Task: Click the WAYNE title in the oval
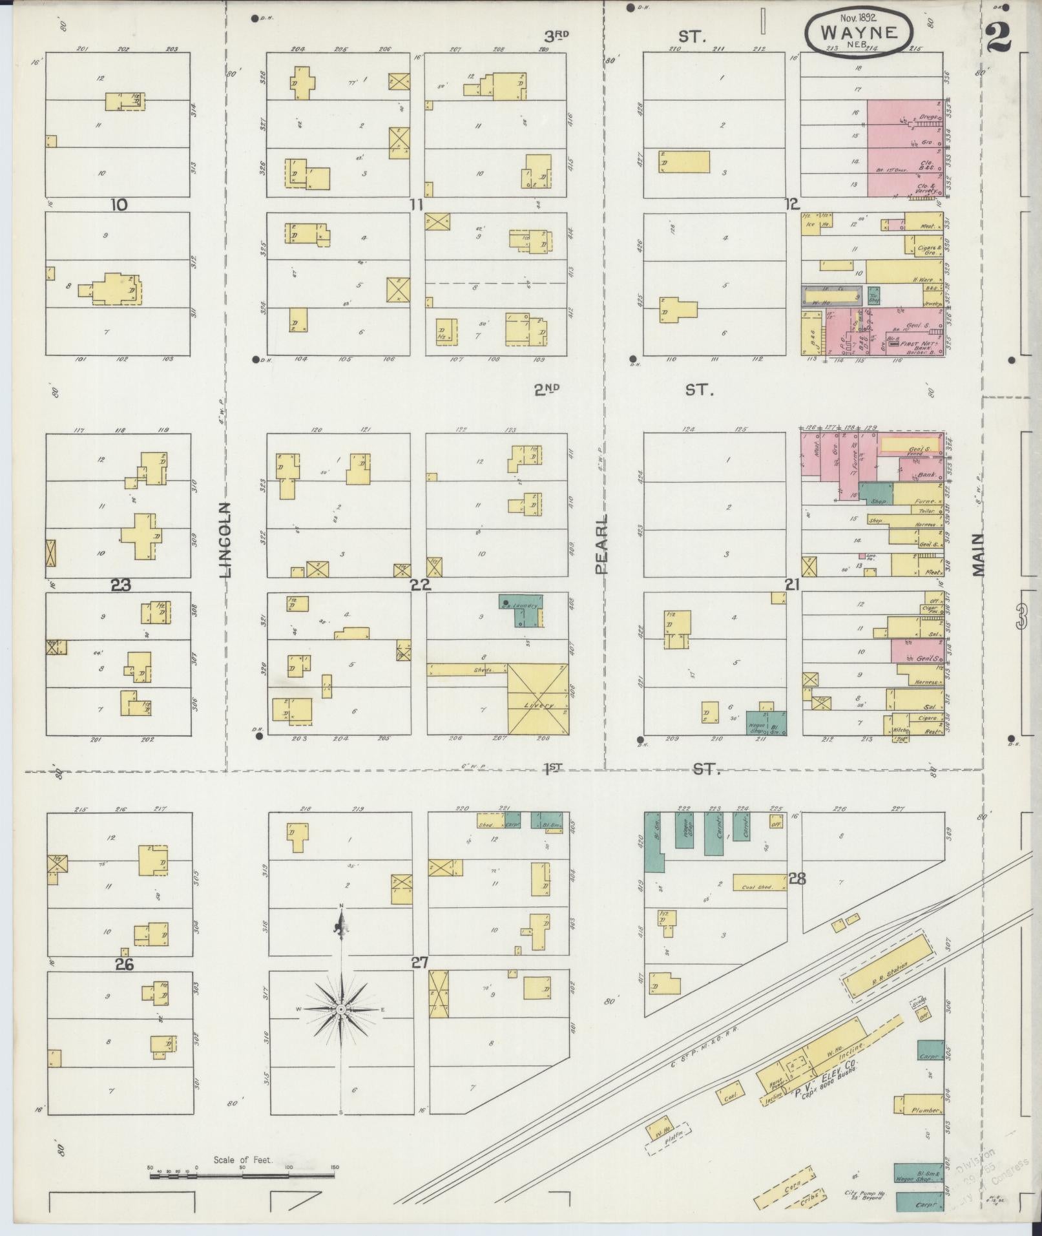[859, 32]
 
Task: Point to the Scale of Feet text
[244, 1160]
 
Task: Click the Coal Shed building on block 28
[759, 883]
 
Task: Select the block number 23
[121, 585]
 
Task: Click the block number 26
[124, 965]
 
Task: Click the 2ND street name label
[547, 389]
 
